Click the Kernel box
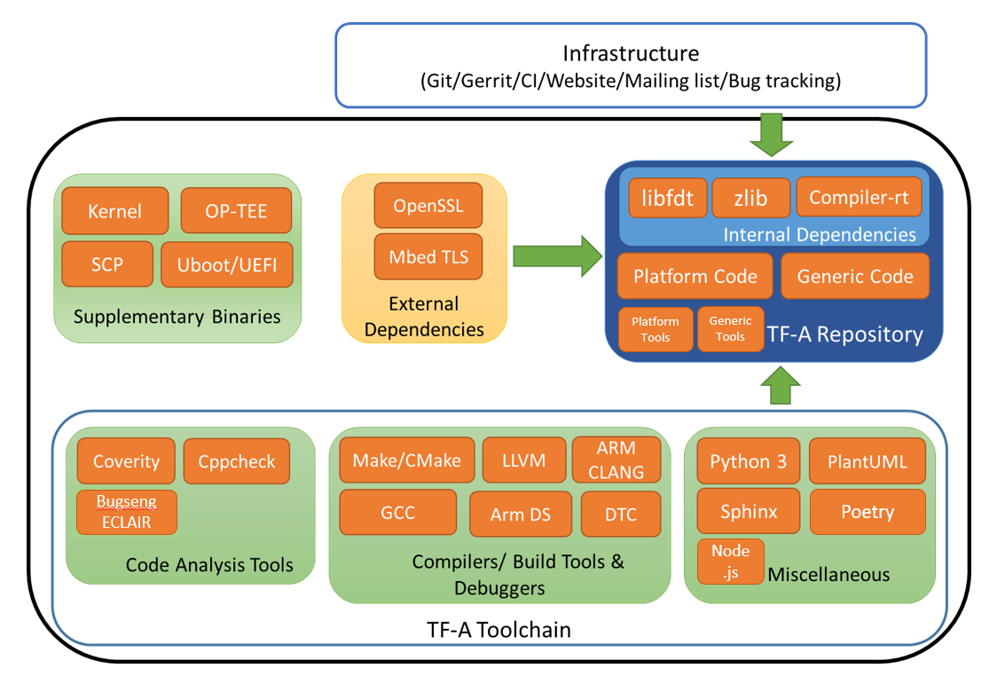coord(114,211)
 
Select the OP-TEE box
coord(236,211)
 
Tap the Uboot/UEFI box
coord(226,264)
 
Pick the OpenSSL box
coord(428,206)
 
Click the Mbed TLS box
coord(428,257)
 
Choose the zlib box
coord(750,198)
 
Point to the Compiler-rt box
coord(859,198)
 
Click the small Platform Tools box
coord(656,329)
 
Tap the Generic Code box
coord(854,276)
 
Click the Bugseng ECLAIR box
coord(127,512)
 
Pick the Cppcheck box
coord(237,461)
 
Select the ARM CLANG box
coord(616,460)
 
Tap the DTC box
coord(620,515)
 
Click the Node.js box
coord(730,562)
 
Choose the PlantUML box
coord(867,461)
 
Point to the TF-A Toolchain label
coord(499,630)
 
